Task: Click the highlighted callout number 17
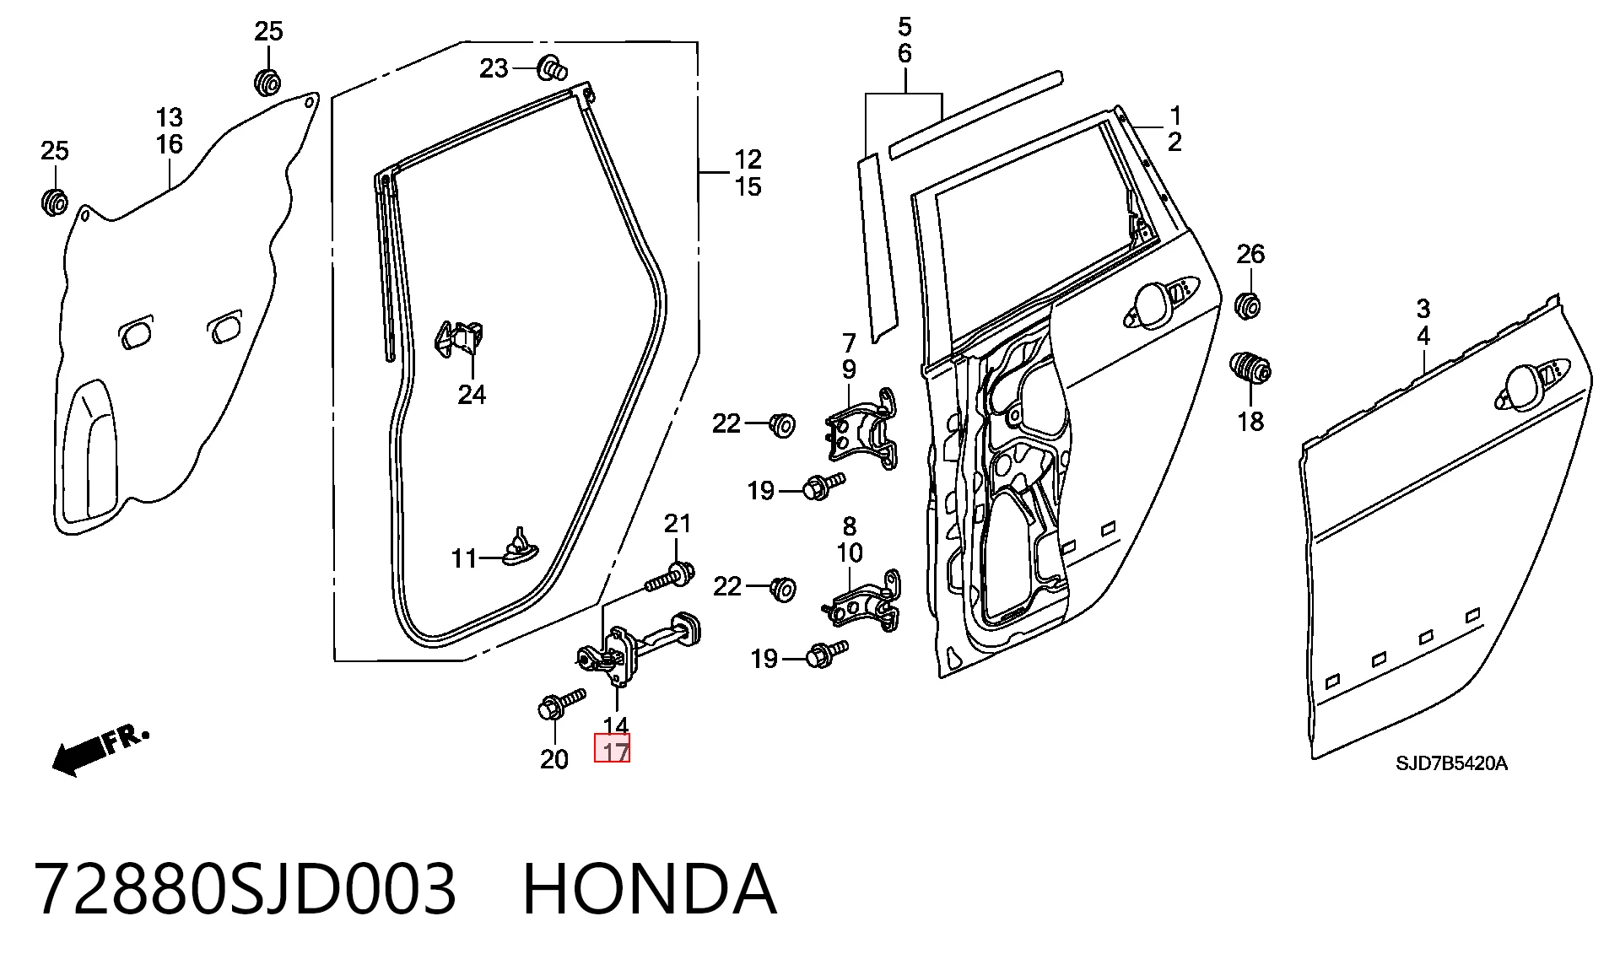click(613, 749)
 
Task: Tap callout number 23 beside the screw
click(494, 68)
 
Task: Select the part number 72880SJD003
click(246, 889)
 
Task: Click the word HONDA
click(649, 889)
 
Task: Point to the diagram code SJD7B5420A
click(1451, 764)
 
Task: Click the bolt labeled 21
click(670, 577)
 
